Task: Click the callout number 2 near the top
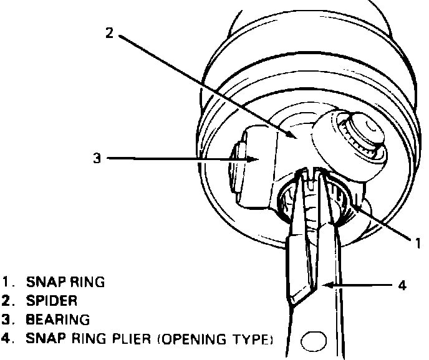pyautogui.click(x=110, y=33)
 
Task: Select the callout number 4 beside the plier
pyautogui.click(x=402, y=285)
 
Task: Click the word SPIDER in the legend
pyautogui.click(x=52, y=301)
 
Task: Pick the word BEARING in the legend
pyautogui.click(x=57, y=320)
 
